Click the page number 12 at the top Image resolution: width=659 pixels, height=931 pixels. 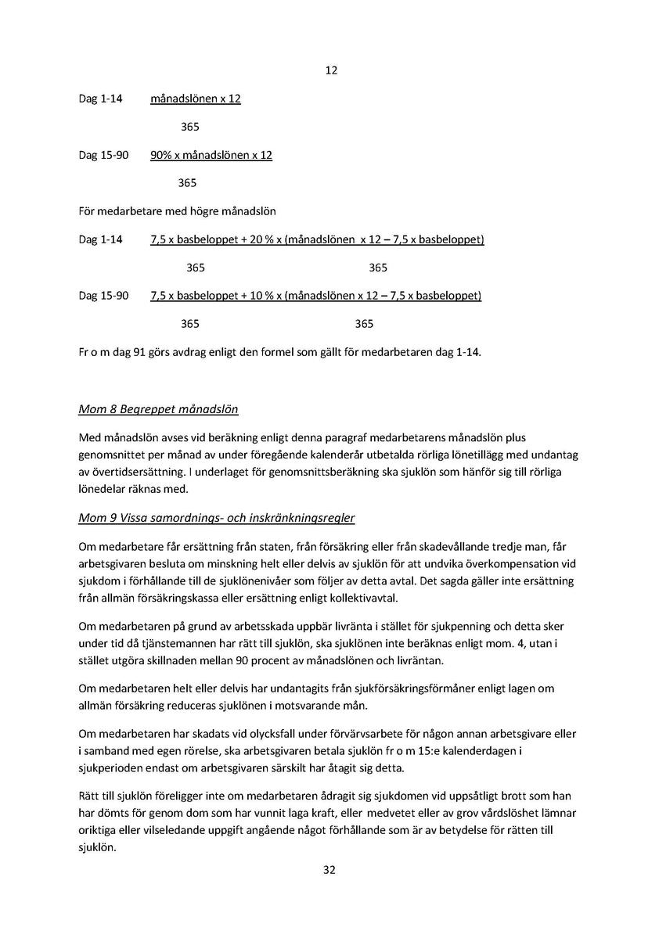pos(330,70)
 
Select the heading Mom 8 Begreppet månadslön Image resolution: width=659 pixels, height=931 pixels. pos(158,409)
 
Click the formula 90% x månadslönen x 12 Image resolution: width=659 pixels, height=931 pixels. pos(211,155)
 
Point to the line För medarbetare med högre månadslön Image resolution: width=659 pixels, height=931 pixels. pos(178,211)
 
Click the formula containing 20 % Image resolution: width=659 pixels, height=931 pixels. pos(317,239)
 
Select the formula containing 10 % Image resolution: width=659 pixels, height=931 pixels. pos(315,296)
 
